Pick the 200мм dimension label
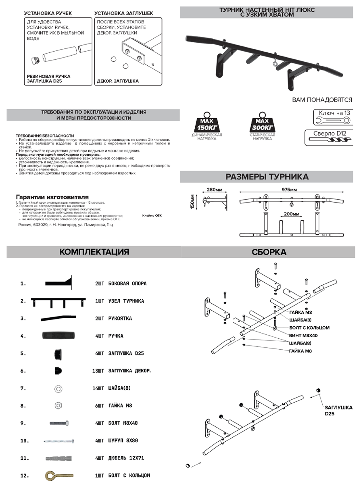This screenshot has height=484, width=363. [x=290, y=214]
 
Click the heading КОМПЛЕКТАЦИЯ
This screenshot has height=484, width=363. [x=94, y=252]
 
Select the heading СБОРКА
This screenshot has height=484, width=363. [x=269, y=252]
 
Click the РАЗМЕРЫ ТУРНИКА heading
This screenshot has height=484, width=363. [x=267, y=177]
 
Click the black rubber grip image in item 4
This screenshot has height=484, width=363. [x=58, y=336]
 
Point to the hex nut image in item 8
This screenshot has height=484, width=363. [x=58, y=405]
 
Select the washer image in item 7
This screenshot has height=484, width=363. [x=58, y=388]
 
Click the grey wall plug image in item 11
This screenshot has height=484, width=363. [x=60, y=458]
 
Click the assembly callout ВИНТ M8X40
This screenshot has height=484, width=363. [x=303, y=335]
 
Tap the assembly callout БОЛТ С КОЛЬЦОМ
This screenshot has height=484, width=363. [x=309, y=328]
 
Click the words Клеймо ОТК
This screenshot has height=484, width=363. [x=152, y=215]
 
